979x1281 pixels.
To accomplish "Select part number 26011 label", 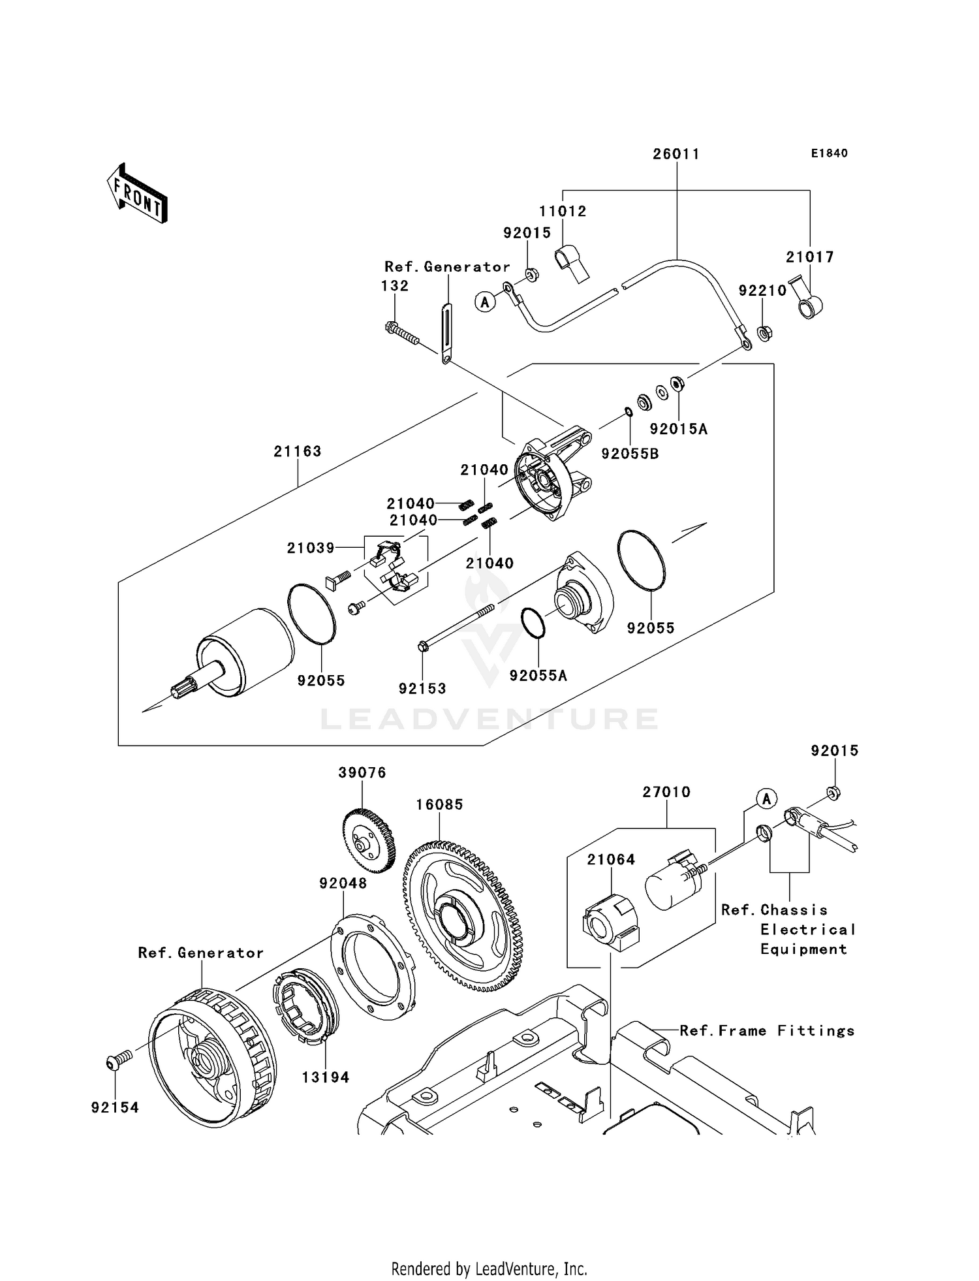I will point(676,154).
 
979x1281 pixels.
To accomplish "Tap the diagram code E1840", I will point(829,153).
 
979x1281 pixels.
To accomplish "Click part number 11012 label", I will point(562,211).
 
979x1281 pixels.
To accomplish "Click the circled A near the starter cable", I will point(484,302).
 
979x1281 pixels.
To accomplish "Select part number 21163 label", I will point(298,451).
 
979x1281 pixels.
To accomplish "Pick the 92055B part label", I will point(630,454).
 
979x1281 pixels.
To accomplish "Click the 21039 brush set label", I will point(311,548).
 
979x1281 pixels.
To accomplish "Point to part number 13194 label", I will point(326,1077).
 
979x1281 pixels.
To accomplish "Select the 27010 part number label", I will point(666,792).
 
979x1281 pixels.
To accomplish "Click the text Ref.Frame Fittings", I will point(767,1030).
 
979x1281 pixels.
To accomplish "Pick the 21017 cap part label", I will point(809,257).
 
